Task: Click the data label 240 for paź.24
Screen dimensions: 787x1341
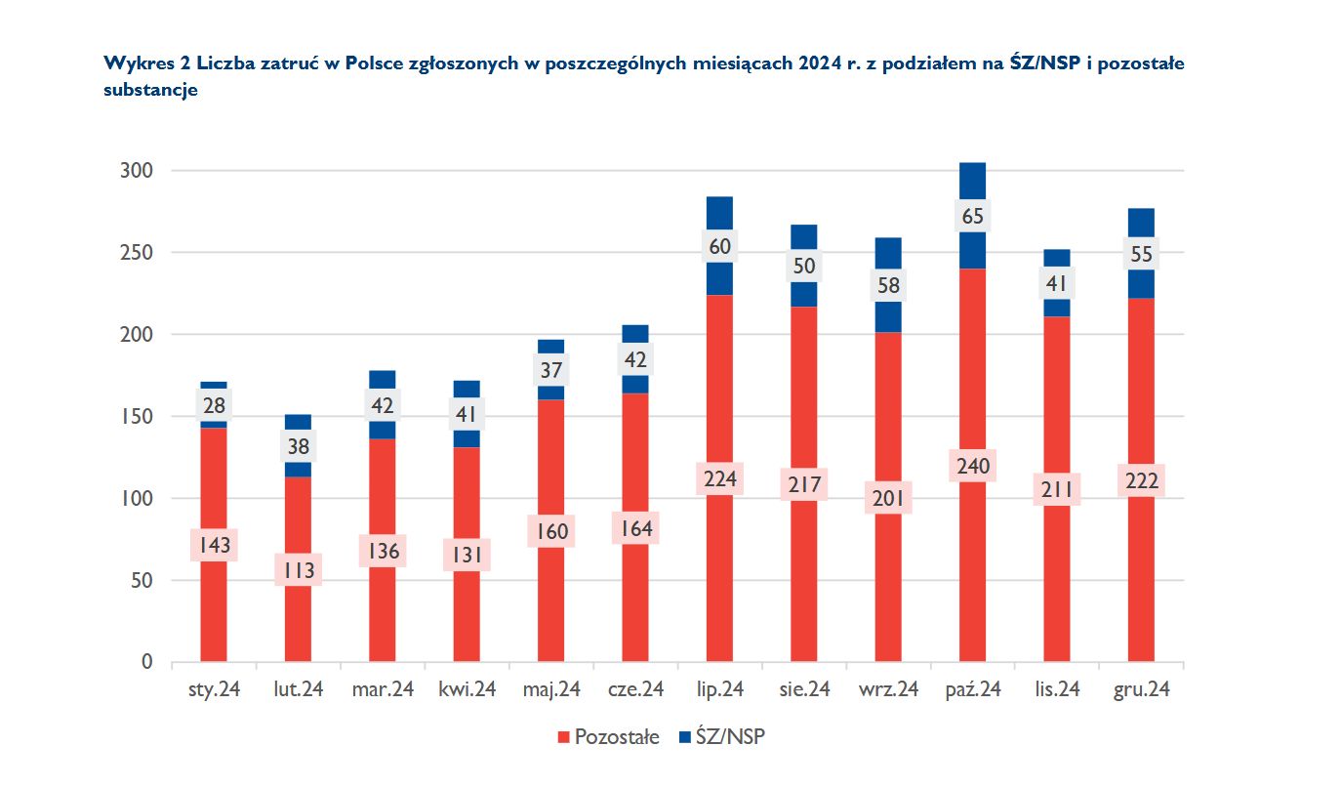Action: pyautogui.click(x=972, y=467)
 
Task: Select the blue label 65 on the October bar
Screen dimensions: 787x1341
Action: pyautogui.click(x=972, y=216)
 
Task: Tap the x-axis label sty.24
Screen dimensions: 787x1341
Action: pyautogui.click(x=214, y=689)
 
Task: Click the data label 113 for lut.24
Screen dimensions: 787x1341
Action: pyautogui.click(x=298, y=570)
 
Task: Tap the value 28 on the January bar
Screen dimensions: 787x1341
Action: pyautogui.click(x=214, y=404)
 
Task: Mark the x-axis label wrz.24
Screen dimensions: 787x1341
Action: pyautogui.click(x=888, y=689)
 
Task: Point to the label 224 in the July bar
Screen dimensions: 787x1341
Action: pyautogui.click(x=719, y=478)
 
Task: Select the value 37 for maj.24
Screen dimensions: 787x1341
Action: pyautogui.click(x=551, y=369)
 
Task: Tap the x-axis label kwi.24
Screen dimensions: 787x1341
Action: pyautogui.click(x=467, y=689)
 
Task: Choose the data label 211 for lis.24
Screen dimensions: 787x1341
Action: pyautogui.click(x=1057, y=488)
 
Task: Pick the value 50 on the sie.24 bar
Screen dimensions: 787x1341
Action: pyautogui.click(x=803, y=266)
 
